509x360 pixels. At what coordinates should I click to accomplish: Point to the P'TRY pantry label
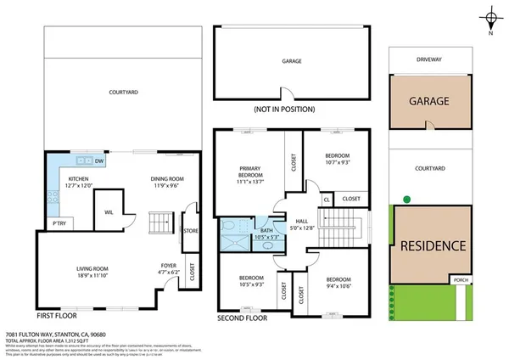pyautogui.click(x=59, y=223)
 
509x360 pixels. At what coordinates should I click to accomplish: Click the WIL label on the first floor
pyautogui.click(x=109, y=212)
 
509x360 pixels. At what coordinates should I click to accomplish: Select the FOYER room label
pyautogui.click(x=168, y=266)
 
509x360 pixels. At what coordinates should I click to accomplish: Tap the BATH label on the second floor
pyautogui.click(x=266, y=230)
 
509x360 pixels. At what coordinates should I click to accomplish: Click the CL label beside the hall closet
pyautogui.click(x=327, y=199)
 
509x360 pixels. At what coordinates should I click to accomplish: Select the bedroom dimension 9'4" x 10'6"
pyautogui.click(x=337, y=285)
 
